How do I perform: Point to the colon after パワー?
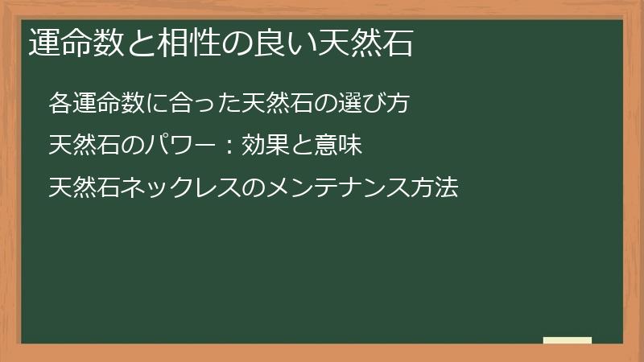click(x=228, y=146)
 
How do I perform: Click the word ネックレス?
click(x=175, y=189)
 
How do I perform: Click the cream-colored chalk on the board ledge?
click(x=567, y=340)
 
